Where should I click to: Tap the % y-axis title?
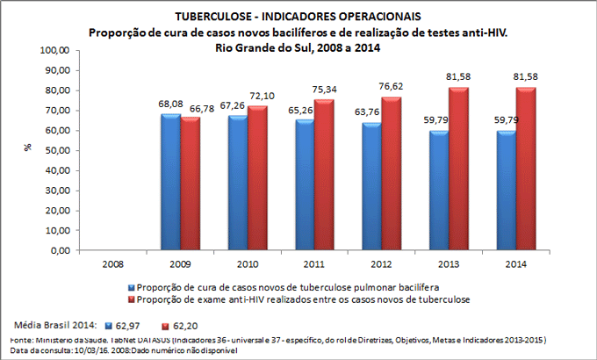[x=26, y=150]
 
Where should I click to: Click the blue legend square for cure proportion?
[x=131, y=287]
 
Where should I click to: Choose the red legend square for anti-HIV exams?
[x=131, y=299]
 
